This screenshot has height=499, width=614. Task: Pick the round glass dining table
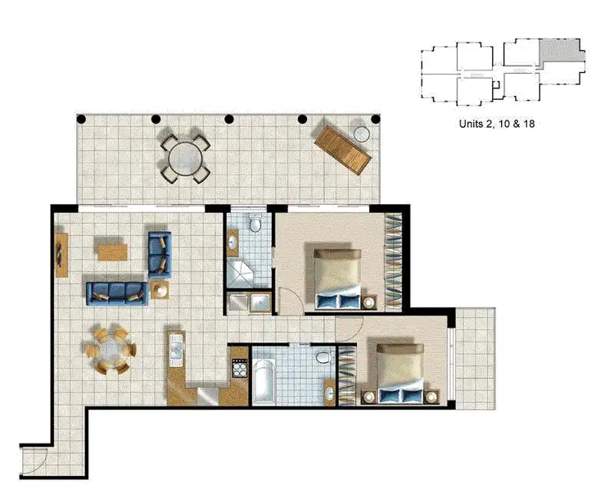(111, 351)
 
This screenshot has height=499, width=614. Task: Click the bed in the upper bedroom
(336, 278)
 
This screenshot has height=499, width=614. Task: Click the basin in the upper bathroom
(233, 242)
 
